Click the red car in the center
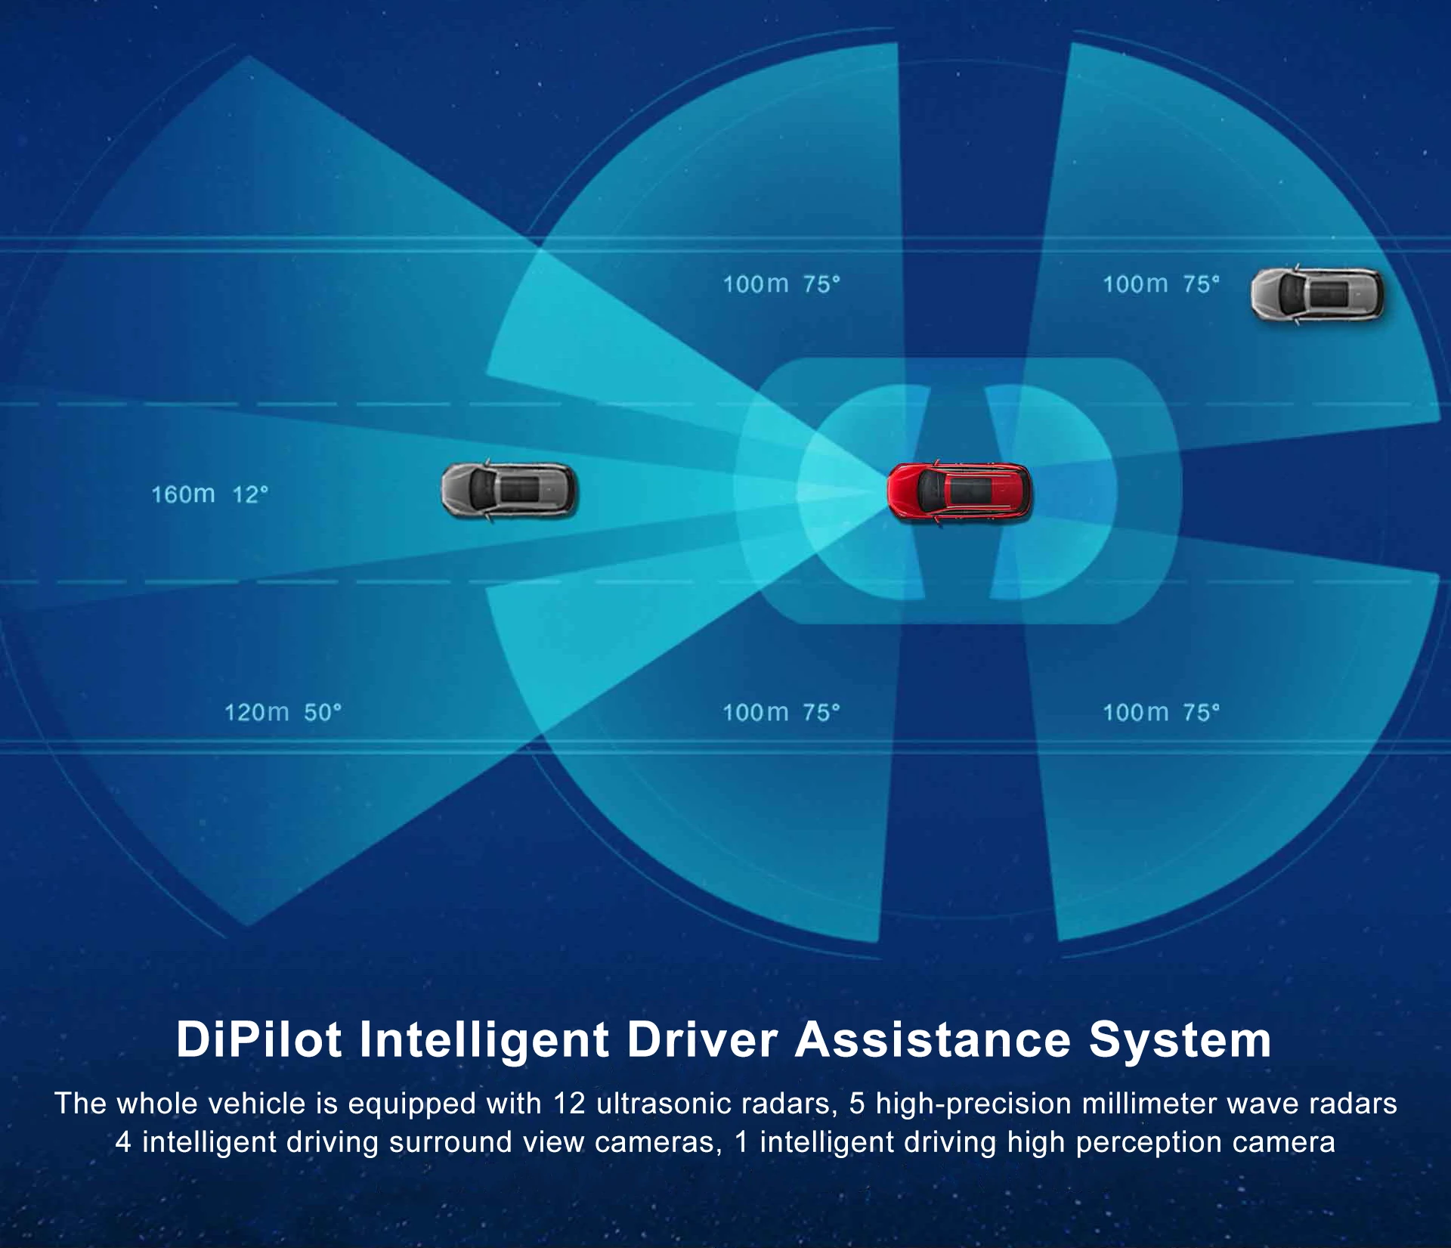pos(959,491)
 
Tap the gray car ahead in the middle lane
pos(508,490)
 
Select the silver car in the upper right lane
pos(1317,294)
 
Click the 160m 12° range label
pos(209,494)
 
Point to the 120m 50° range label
pos(283,712)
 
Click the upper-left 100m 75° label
pos(781,284)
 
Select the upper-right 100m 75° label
pos(1161,284)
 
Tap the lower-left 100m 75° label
pos(781,712)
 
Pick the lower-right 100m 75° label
pos(1161,712)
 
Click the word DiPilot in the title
pos(258,1039)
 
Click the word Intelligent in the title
pos(484,1039)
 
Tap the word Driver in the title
pos(702,1039)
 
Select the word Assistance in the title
pos(933,1039)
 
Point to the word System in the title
pos(1180,1041)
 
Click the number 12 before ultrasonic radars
pos(569,1104)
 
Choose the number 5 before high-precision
pos(856,1104)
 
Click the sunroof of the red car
pos(970,490)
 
